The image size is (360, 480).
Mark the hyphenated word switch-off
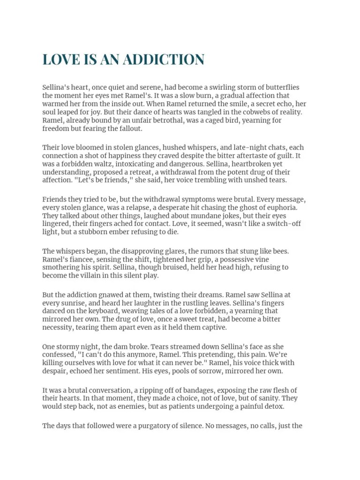click(x=280, y=224)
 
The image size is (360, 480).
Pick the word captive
click(x=214, y=327)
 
